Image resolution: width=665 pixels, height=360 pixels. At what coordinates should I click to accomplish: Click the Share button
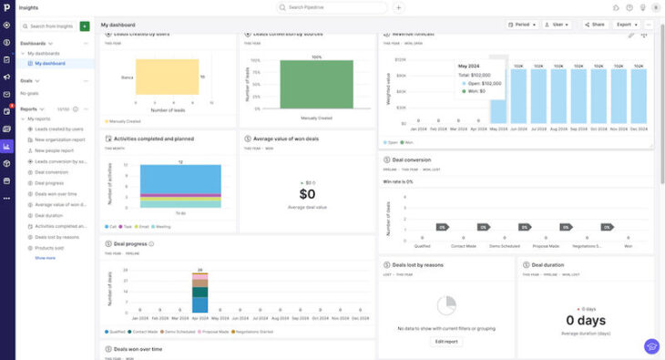point(595,25)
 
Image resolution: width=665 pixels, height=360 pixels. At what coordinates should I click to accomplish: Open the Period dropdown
point(522,25)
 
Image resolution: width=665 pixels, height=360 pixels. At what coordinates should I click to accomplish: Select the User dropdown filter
point(557,25)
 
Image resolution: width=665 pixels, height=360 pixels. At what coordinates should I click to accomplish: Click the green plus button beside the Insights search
point(85,26)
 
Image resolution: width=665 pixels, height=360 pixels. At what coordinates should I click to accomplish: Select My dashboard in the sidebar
point(52,63)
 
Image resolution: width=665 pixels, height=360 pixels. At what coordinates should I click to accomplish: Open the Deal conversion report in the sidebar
point(52,171)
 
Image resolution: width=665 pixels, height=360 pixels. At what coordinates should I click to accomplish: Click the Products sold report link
point(49,247)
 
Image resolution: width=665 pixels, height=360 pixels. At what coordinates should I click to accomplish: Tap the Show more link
point(45,258)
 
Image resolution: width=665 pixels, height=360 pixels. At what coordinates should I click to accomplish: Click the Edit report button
point(445,341)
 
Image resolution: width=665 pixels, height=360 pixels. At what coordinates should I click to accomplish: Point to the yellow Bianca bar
point(167,77)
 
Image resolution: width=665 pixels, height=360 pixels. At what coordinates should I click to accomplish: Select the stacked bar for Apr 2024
point(199,293)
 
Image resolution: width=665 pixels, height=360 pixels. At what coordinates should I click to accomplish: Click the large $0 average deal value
point(307,194)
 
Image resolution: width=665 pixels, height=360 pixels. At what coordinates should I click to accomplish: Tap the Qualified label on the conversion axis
point(422,246)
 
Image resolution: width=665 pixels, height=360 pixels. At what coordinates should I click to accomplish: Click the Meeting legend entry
point(161,226)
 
